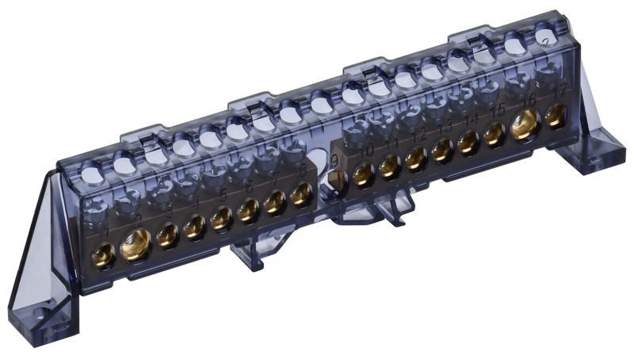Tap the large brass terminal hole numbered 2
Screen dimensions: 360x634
pyautogui.click(x=136, y=247)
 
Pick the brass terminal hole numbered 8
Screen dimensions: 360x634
pyautogui.click(x=301, y=195)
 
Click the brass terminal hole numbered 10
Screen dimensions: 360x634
pyautogui.click(x=363, y=174)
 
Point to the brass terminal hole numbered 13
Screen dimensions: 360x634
pyautogui.click(x=443, y=148)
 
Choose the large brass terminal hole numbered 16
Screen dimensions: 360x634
pyautogui.click(x=524, y=123)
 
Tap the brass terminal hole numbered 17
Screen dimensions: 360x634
pyautogui.click(x=556, y=114)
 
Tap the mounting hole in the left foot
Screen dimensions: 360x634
pyautogui.click(x=56, y=323)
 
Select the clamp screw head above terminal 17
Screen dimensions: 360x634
pyautogui.click(x=547, y=73)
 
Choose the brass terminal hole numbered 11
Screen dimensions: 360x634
pyautogui.click(x=390, y=166)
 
